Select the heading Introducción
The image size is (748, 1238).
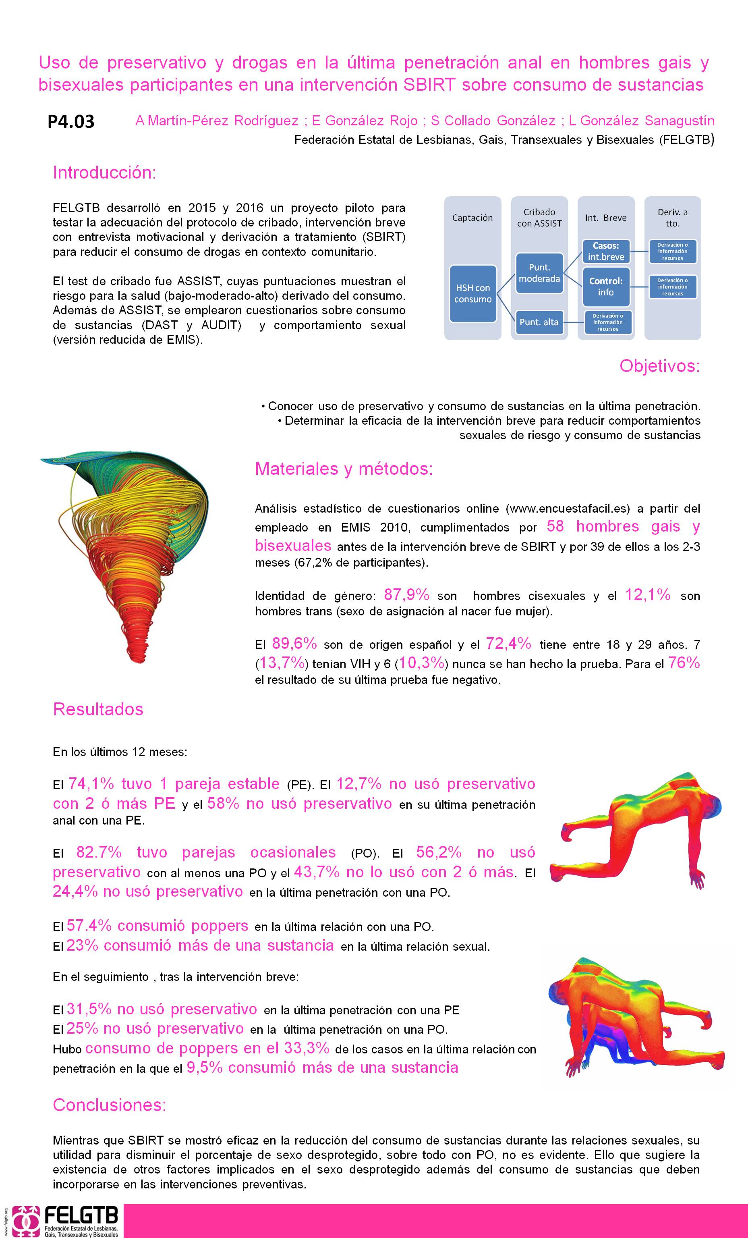coord(104,173)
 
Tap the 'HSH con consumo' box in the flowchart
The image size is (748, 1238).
coord(473,293)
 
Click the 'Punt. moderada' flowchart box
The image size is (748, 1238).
coord(539,273)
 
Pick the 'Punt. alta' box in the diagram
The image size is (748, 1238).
coord(539,322)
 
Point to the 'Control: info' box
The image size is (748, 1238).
coord(605,287)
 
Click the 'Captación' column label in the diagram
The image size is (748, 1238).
coord(472,218)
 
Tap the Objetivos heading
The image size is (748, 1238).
coord(659,366)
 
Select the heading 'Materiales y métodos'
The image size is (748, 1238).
coord(344,468)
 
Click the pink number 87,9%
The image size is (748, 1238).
coord(406,595)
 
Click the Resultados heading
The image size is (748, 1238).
coord(98,709)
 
